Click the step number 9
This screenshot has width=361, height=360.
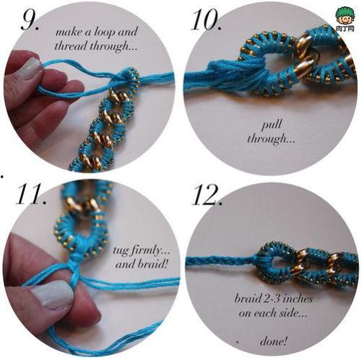30,20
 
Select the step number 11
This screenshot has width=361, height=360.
31,194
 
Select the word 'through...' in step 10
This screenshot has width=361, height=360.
271,139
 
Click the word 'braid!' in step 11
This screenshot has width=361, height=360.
152,264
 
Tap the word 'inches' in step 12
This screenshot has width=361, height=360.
297,299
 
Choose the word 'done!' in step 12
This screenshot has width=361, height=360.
274,341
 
